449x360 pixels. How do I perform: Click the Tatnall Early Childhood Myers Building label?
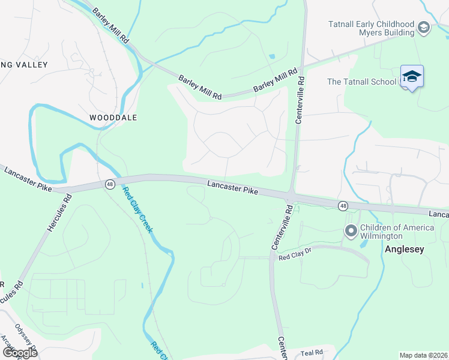[x=371, y=28]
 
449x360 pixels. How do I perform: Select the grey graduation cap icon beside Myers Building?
[x=424, y=28]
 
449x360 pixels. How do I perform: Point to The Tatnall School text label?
[x=361, y=82]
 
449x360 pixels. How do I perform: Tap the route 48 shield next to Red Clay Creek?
[x=109, y=184]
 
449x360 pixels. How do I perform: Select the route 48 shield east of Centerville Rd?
[x=342, y=206]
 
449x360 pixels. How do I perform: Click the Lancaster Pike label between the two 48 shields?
[x=233, y=188]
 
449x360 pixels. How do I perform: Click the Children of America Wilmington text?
[x=396, y=232]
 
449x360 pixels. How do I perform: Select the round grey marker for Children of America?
[x=350, y=230]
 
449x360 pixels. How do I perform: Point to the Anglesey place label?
[x=404, y=249]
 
